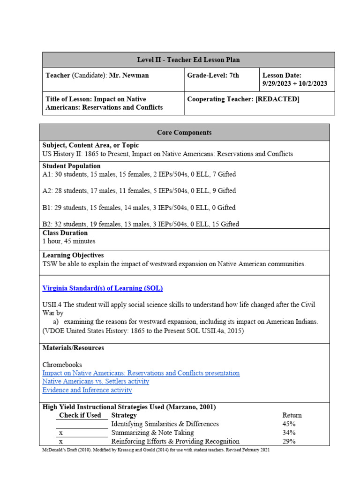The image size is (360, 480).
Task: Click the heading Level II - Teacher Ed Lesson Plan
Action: [x=188, y=60]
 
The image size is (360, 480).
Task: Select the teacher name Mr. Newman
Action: [x=129, y=75]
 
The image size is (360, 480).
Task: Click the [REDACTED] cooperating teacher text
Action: [x=277, y=99]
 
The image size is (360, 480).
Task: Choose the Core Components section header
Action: [x=184, y=133]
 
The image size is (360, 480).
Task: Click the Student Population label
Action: [x=71, y=166]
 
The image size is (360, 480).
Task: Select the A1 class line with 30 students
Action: [x=139, y=174]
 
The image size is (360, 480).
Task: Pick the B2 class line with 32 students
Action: [x=141, y=224]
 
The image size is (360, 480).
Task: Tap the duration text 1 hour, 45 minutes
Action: [x=69, y=241]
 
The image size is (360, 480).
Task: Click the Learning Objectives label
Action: [x=73, y=255]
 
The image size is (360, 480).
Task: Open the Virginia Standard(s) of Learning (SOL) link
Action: [x=103, y=288]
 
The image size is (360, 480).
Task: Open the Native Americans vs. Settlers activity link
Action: [x=96, y=382]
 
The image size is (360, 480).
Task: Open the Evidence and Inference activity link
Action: [x=87, y=390]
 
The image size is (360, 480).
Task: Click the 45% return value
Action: [x=290, y=424]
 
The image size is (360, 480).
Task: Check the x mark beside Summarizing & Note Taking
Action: [x=61, y=433]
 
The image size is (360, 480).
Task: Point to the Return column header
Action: [x=292, y=415]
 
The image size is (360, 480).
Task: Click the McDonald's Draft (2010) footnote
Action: [x=156, y=450]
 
